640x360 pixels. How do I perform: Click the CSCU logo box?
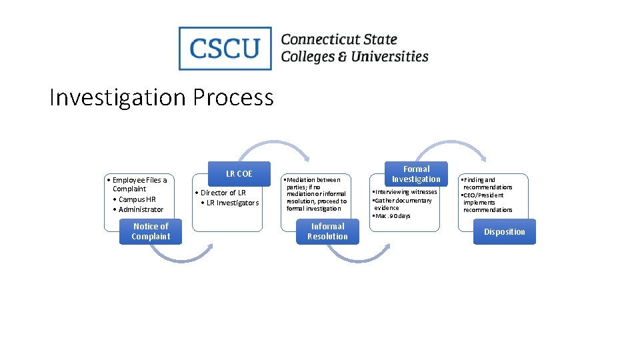[225, 48]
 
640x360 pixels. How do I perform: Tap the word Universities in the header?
[389, 57]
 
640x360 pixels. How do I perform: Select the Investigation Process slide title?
[161, 97]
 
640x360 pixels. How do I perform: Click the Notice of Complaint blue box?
[151, 231]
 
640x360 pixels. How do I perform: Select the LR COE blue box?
[239, 173]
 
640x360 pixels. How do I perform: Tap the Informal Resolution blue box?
[327, 231]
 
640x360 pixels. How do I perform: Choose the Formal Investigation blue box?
[416, 173]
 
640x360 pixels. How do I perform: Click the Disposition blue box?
[504, 231]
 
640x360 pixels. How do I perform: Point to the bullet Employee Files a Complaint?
[138, 184]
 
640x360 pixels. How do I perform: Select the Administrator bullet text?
[140, 209]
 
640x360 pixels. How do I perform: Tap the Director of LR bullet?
[223, 193]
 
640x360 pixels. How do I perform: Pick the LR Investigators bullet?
[231, 203]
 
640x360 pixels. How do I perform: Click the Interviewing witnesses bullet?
[405, 192]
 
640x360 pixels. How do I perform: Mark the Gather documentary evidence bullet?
[403, 204]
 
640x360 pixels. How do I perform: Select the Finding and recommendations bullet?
[487, 183]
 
